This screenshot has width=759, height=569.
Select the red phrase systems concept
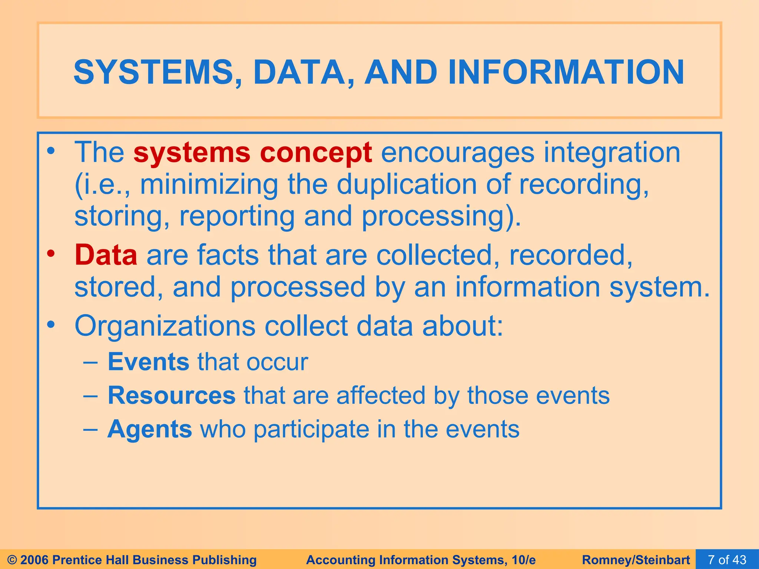point(252,152)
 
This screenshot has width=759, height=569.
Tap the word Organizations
point(165,326)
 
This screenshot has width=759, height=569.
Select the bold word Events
point(148,362)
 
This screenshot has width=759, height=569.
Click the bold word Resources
point(171,395)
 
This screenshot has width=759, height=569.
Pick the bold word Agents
point(150,429)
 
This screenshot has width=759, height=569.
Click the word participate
point(311,429)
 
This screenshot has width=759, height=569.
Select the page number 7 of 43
point(727,559)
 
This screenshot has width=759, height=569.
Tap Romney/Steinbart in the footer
point(636,560)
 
